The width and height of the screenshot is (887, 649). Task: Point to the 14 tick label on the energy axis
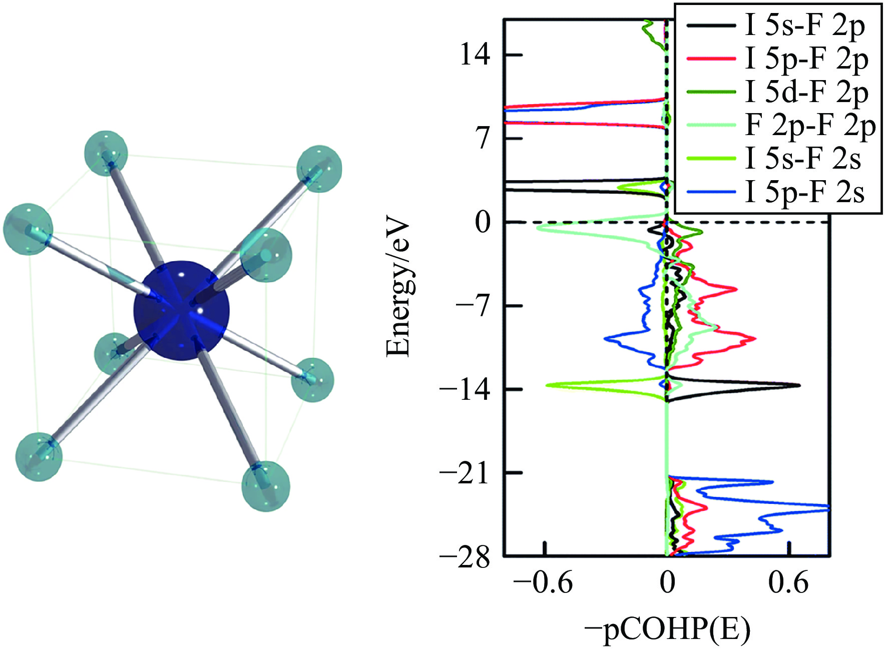475,55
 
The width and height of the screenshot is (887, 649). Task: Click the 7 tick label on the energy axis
483,138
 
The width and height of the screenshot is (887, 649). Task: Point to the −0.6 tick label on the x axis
543,583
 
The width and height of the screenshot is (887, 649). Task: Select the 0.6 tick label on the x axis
788,583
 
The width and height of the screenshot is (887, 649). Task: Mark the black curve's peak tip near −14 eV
799,385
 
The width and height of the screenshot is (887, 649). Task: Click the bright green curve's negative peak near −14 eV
547,385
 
